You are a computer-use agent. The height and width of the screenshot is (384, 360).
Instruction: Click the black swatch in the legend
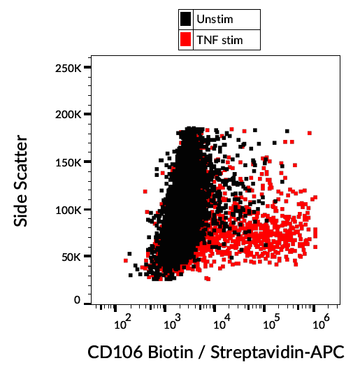pos(186,20)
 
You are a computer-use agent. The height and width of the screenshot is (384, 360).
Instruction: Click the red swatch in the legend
pos(186,40)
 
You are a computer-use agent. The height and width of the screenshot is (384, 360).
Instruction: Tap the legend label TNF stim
pos(221,40)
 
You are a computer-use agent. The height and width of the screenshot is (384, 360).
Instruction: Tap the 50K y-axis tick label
pos(71,257)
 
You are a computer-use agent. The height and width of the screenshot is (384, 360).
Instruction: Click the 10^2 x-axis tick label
pos(122,322)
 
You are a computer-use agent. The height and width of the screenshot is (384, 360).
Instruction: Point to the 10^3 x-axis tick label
pos(171,322)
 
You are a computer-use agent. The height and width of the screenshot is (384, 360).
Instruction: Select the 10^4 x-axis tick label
pos(220,322)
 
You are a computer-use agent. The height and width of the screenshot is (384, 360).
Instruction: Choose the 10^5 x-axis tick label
pos(269,322)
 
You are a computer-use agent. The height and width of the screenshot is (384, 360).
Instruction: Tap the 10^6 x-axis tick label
pos(319,322)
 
